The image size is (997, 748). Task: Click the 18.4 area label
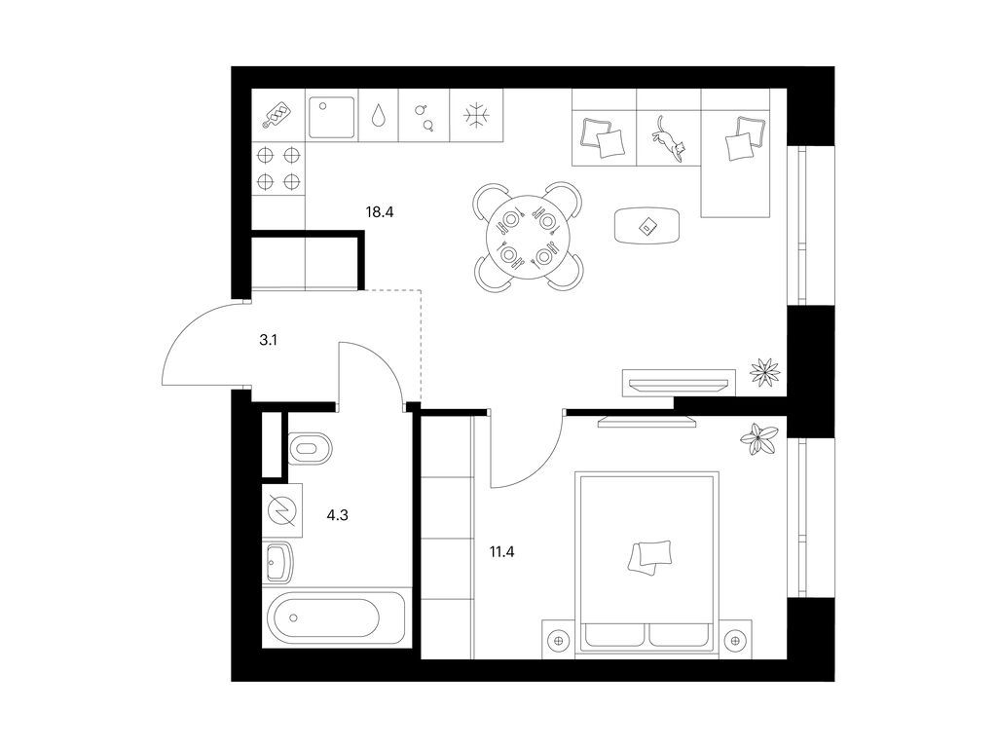coord(379,210)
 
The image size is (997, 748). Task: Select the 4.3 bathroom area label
coord(337,514)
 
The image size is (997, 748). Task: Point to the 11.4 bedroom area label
coord(501,552)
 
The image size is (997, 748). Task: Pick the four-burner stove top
coord(277,168)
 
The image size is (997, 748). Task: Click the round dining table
coord(527,237)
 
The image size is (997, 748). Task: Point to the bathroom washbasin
coord(279,561)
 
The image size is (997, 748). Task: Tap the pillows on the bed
coord(650,555)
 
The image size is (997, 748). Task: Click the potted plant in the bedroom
coord(758,438)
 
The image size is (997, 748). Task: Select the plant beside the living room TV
coord(766,371)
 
